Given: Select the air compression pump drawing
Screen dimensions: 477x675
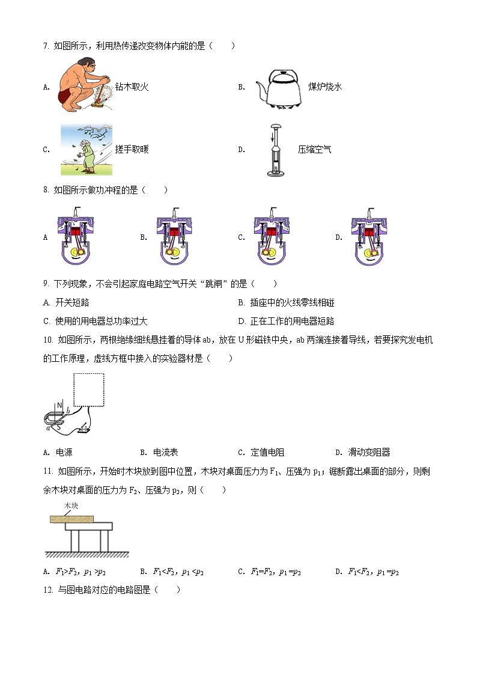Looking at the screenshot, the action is pyautogui.click(x=276, y=150).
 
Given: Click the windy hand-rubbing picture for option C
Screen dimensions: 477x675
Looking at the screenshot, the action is pyautogui.click(x=86, y=150).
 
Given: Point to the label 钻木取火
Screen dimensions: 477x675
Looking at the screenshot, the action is pyautogui.click(x=132, y=87).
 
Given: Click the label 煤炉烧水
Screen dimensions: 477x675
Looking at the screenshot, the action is pyautogui.click(x=325, y=87).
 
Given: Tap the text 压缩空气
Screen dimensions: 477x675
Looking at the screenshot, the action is pyautogui.click(x=314, y=150).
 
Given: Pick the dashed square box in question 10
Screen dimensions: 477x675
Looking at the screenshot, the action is pyautogui.click(x=88, y=389).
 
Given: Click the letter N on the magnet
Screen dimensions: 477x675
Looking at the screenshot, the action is pyautogui.click(x=59, y=405).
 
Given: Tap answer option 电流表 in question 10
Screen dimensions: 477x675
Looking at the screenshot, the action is pyautogui.click(x=166, y=453).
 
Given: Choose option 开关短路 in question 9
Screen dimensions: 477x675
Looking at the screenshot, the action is pyautogui.click(x=72, y=302).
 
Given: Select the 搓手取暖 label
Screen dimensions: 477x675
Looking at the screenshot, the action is pyautogui.click(x=132, y=150).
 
